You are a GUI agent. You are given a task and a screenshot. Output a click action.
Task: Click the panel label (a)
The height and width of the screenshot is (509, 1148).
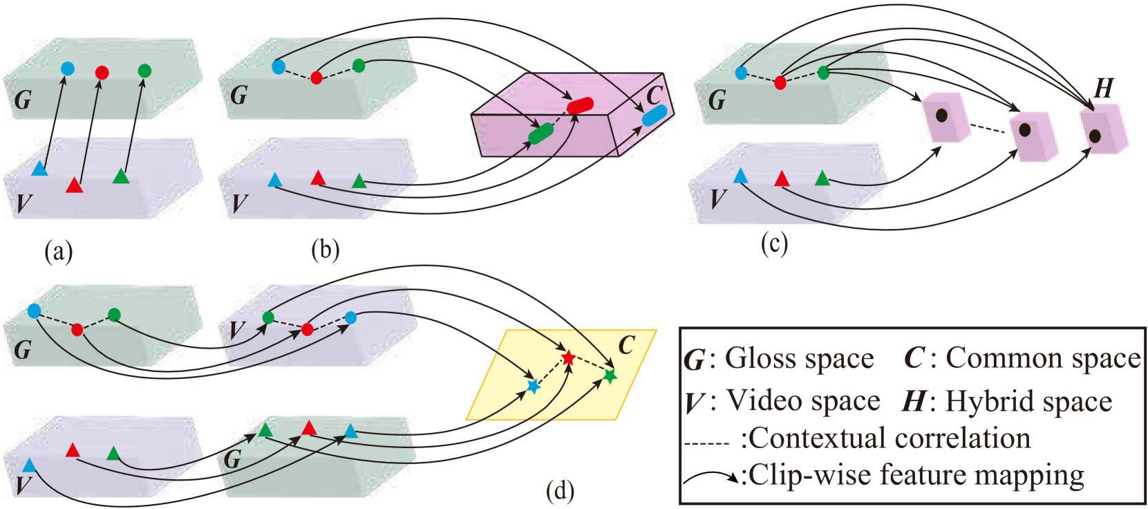[x=59, y=250]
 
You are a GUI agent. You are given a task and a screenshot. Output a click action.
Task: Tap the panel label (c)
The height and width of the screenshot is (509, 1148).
[x=774, y=243]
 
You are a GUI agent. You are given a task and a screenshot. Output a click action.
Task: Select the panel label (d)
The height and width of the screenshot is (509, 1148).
[x=560, y=490]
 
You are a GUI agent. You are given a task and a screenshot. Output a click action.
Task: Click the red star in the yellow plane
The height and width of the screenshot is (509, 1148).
[x=568, y=358]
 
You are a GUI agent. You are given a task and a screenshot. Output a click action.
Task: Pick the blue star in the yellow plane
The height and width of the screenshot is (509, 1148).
[x=533, y=387]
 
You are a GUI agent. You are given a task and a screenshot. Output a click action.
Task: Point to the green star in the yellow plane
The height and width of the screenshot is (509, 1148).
[x=610, y=376]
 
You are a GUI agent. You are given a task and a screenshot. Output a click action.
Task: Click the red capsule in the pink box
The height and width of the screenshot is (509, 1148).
[x=581, y=105]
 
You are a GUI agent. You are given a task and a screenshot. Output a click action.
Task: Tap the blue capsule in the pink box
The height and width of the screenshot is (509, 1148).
[x=654, y=115]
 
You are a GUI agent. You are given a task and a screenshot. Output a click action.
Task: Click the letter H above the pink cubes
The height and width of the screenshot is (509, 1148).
[x=1104, y=89]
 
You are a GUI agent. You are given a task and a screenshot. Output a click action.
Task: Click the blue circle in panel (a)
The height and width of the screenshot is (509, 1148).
[x=67, y=68]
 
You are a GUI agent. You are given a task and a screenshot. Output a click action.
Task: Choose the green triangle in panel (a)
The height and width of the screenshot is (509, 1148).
[x=121, y=176]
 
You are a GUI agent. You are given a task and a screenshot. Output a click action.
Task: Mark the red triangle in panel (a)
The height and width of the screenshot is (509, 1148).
[x=74, y=185]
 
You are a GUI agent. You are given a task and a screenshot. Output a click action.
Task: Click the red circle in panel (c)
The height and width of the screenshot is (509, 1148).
[x=780, y=83]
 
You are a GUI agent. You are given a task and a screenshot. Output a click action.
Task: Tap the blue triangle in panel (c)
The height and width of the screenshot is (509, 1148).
[x=740, y=176]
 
